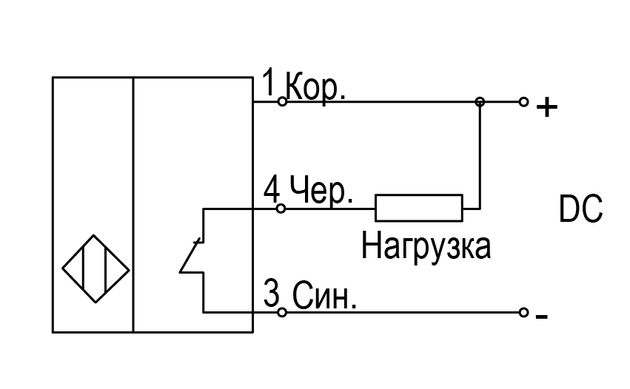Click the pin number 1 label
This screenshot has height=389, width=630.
point(269,82)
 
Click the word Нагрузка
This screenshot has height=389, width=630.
point(426,247)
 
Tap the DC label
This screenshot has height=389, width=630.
point(580,209)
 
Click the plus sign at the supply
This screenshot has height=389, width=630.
point(547,107)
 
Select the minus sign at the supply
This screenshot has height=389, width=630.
point(542,317)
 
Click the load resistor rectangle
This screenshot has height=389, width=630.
point(419,208)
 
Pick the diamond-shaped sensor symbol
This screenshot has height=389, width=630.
point(95,268)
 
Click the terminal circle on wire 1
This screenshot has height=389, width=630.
point(283,101)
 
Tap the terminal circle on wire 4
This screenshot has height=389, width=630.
point(281,209)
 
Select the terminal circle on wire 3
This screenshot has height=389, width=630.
point(282,312)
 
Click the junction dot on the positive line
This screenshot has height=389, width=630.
point(480,102)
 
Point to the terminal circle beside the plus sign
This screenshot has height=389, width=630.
point(523,102)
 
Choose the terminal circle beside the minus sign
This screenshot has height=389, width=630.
point(523,312)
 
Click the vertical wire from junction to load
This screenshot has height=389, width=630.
point(480,155)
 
